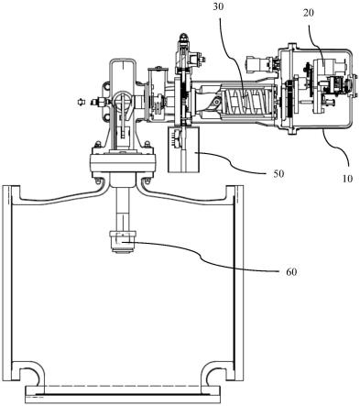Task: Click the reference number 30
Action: click(218, 6)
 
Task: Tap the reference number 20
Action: click(309, 13)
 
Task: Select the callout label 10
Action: click(347, 178)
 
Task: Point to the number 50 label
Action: click(278, 173)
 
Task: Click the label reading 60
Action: click(291, 271)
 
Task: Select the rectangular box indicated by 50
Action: click(184, 149)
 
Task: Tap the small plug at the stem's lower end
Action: click(123, 242)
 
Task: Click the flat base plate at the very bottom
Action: click(123, 394)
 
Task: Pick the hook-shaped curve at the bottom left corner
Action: click(30, 370)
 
